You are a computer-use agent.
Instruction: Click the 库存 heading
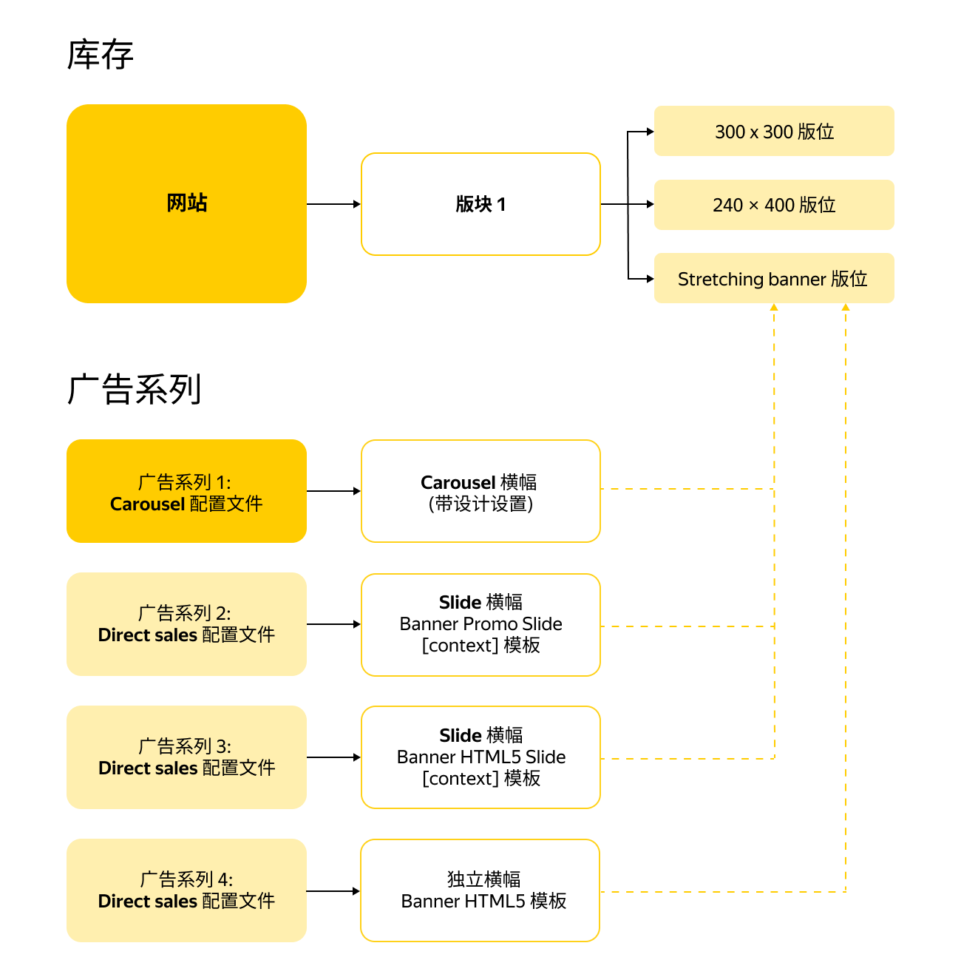(100, 55)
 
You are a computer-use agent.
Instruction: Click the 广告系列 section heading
(134, 389)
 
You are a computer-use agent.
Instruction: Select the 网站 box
(186, 203)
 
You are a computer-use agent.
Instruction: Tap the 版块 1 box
(480, 204)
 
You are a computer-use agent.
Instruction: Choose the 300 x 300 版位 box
(774, 132)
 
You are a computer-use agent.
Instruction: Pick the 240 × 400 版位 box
(774, 205)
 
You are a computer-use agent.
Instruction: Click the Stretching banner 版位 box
(774, 279)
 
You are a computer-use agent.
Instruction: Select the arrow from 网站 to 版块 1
(333, 204)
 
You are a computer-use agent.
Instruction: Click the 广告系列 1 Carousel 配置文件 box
(186, 492)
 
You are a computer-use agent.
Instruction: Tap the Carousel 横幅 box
(480, 492)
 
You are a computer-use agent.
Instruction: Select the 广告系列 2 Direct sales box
(186, 624)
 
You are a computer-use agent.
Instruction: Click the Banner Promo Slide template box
(480, 624)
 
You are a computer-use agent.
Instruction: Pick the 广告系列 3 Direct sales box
(186, 757)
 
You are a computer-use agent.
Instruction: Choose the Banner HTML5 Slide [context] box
(480, 757)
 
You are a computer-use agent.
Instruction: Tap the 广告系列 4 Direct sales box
(186, 890)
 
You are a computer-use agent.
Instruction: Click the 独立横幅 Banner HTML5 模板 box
(480, 890)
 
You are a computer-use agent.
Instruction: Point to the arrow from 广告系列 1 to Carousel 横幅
(333, 491)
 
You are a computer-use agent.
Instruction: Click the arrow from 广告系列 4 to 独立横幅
(333, 891)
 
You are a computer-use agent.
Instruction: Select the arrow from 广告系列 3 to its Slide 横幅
(333, 757)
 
